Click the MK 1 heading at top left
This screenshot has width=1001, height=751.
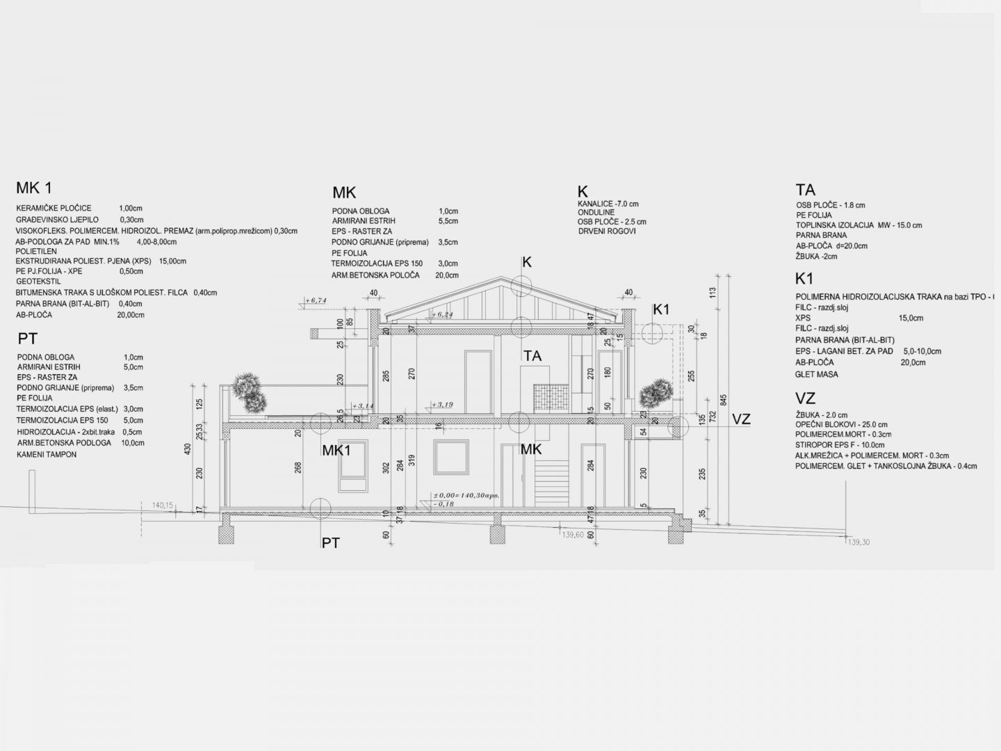(x=33, y=188)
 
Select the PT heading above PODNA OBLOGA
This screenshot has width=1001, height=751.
(x=27, y=339)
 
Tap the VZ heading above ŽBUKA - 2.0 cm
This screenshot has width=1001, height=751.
(x=806, y=398)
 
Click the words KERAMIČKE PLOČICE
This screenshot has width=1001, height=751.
(x=54, y=208)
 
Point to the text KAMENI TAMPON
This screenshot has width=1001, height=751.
(x=47, y=454)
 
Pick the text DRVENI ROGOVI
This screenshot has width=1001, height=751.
(x=606, y=232)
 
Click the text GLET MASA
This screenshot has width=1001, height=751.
(x=817, y=374)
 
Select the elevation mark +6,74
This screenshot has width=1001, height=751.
(x=316, y=300)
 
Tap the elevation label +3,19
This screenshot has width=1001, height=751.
(x=443, y=404)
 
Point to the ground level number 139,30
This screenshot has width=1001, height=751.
(x=859, y=542)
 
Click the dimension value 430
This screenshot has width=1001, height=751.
(x=187, y=450)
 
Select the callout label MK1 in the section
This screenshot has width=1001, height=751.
(x=336, y=451)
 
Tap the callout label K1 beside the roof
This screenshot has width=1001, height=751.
(x=662, y=309)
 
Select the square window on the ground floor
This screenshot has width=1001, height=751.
(x=451, y=456)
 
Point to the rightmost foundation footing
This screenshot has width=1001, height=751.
(x=676, y=533)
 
